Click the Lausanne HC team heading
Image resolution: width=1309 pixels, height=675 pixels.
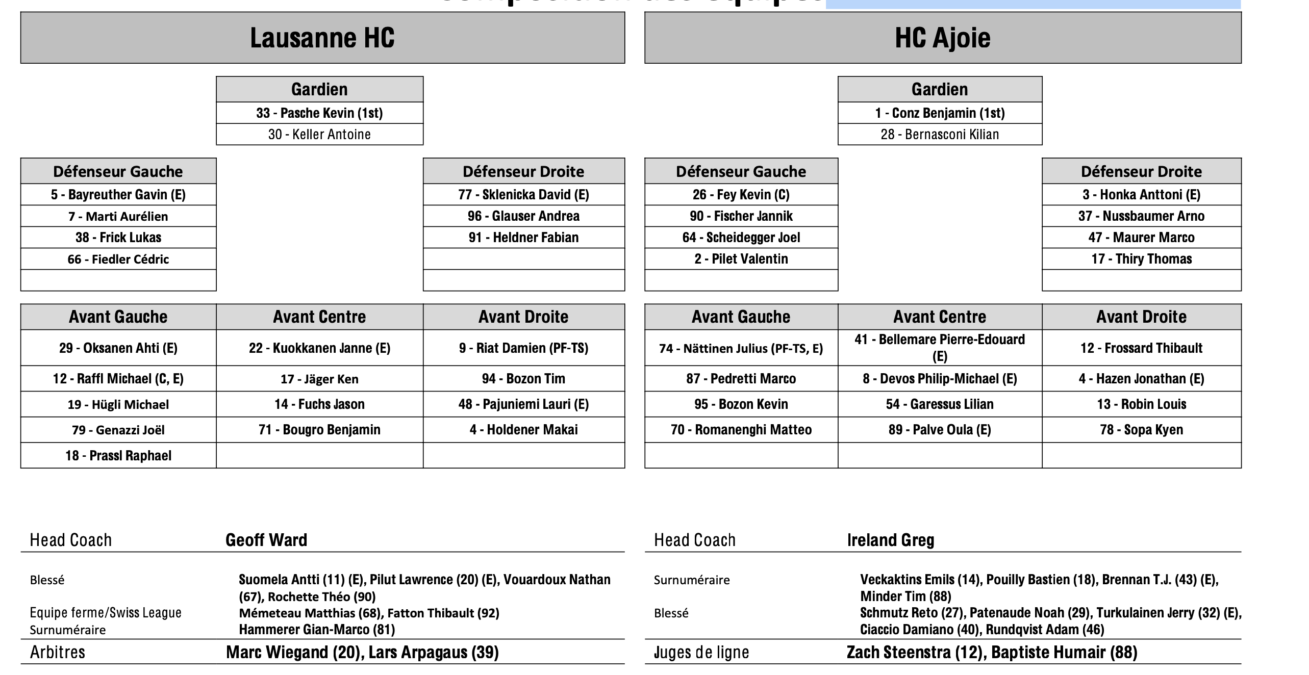coord(322,38)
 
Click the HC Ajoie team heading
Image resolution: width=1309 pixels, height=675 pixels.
coord(942,38)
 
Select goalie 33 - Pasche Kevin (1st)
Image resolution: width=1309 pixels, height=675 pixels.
coord(319,113)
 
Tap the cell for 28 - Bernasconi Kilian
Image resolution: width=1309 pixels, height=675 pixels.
coord(940,135)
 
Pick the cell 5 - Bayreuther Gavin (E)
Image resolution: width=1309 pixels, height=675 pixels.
coord(118,195)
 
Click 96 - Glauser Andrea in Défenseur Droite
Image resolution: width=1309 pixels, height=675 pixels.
coord(523,216)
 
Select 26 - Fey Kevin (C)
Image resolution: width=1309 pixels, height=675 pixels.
coord(741,195)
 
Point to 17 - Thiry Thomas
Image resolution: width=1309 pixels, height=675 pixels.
coord(1141,259)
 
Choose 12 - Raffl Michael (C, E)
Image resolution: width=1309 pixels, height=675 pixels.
coord(118,379)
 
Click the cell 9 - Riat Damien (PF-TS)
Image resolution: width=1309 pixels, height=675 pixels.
coord(523,348)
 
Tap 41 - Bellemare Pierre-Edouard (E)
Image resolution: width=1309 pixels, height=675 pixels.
coord(939,348)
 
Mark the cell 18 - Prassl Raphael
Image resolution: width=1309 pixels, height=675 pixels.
coord(118,456)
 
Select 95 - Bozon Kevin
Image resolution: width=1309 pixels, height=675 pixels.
coord(741,404)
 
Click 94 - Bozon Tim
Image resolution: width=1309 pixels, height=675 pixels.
coord(523,379)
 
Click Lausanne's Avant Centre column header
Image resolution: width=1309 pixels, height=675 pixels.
coord(319,317)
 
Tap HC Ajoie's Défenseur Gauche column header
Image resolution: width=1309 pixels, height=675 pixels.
coord(741,171)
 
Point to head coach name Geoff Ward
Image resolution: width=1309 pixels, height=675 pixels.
coord(266,540)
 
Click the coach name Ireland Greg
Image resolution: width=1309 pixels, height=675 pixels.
coord(890,540)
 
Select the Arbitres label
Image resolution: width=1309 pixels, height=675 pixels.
coord(58,653)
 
